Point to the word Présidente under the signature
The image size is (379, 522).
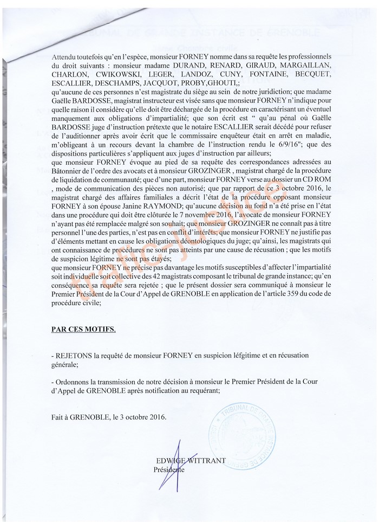coord(169,469)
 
